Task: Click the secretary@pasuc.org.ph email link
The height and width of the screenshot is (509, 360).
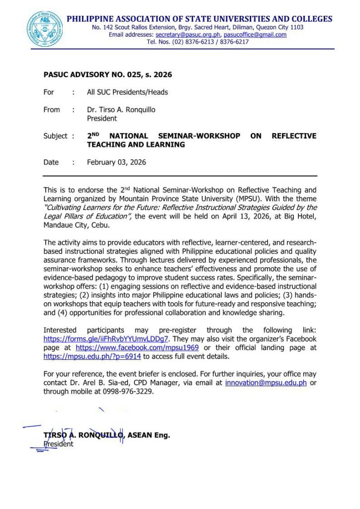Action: tap(188, 35)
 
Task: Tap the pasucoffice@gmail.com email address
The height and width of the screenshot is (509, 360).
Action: tap(255, 35)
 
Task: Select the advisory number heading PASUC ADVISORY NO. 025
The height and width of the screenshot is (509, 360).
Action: tap(107, 75)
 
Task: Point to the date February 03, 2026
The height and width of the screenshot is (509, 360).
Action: tap(116, 162)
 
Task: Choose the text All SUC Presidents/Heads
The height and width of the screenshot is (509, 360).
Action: tap(127, 92)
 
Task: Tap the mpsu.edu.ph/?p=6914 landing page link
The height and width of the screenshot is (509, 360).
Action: tap(92, 356)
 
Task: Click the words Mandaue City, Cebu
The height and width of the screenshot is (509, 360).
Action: tap(73, 225)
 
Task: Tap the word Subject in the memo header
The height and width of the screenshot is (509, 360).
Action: tap(55, 136)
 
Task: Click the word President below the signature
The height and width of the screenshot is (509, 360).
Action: tap(59, 444)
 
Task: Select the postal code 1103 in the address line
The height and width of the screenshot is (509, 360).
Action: tap(296, 27)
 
